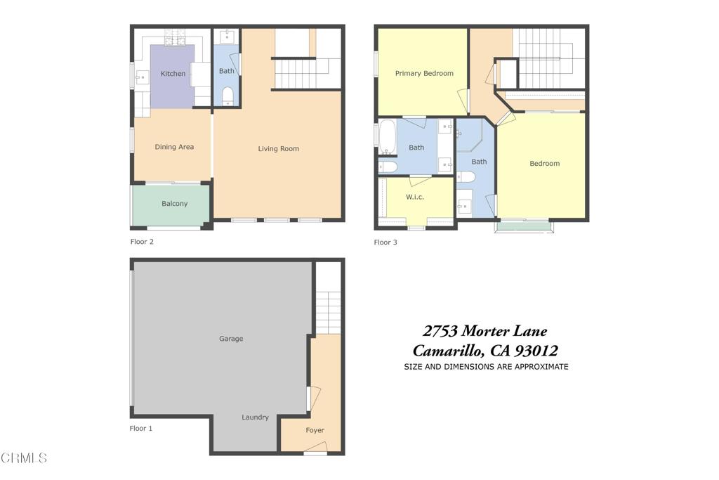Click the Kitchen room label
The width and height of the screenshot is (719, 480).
(x=173, y=74)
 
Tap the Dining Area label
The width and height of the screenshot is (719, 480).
(x=174, y=147)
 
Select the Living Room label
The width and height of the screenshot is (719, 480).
(x=278, y=148)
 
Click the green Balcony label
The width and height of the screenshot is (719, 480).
(x=174, y=204)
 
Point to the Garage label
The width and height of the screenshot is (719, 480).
(x=231, y=339)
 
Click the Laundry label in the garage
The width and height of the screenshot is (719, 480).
(x=255, y=417)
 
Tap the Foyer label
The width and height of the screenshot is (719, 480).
(x=315, y=430)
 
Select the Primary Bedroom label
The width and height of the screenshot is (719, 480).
(x=424, y=73)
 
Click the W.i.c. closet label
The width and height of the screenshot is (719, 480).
(x=415, y=197)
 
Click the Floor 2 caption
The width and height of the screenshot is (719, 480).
(x=142, y=242)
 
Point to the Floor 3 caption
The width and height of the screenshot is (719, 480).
(x=385, y=242)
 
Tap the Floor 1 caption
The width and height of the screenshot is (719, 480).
(x=141, y=428)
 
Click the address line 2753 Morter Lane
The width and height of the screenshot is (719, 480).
(x=484, y=331)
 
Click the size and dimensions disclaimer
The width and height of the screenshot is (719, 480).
(x=486, y=367)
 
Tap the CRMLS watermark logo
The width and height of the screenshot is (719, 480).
(x=24, y=458)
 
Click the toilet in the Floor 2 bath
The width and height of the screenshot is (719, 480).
(x=227, y=96)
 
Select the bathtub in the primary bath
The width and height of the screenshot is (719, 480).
(x=388, y=137)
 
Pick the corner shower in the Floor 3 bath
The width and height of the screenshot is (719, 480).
(x=468, y=135)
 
